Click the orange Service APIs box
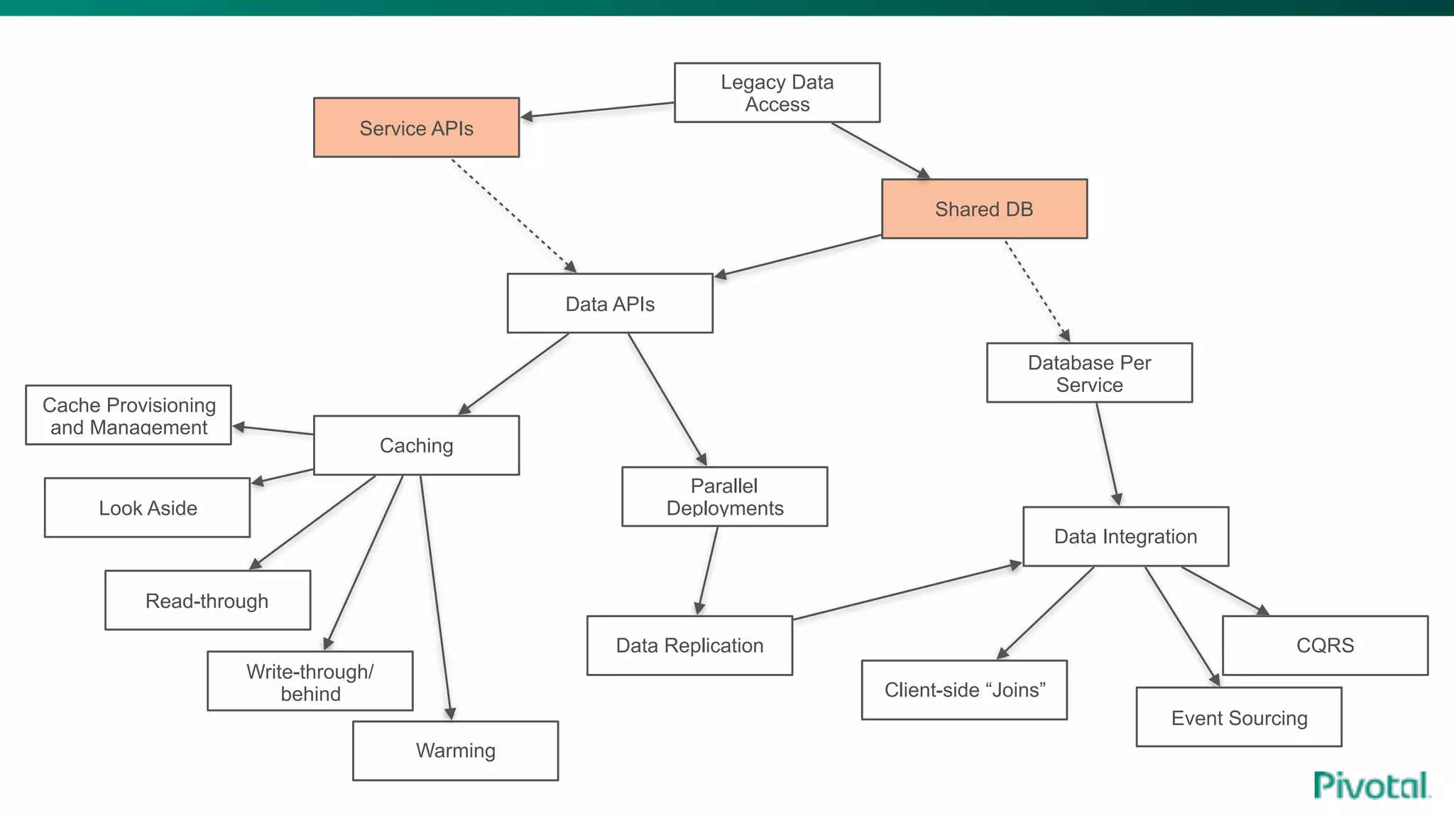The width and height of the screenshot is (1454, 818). pos(416,128)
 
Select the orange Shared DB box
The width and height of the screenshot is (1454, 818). pos(984,209)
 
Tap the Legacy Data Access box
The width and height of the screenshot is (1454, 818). pos(777,93)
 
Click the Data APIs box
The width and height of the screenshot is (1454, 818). pos(610,304)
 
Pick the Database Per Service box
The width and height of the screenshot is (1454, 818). pos(1089,373)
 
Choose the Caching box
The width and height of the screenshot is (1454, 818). pos(416,445)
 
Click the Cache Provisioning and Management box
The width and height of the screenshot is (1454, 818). pos(129,415)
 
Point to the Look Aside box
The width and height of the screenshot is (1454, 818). pos(147,508)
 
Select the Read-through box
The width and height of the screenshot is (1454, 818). pos(207,601)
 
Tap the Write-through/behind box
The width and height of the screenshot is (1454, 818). pos(310,682)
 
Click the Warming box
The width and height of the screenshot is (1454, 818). pos(455,751)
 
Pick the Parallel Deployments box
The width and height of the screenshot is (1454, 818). pos(724,497)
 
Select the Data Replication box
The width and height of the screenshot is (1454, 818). pos(689,645)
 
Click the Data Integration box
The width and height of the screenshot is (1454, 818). pos(1125,537)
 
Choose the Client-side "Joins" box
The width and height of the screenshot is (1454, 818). pos(964,690)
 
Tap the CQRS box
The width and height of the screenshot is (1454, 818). pos(1325,645)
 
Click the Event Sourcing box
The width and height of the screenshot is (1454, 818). pos(1239,717)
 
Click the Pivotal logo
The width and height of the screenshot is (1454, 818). pos(1371,786)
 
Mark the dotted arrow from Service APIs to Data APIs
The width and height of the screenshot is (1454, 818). pos(513,215)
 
